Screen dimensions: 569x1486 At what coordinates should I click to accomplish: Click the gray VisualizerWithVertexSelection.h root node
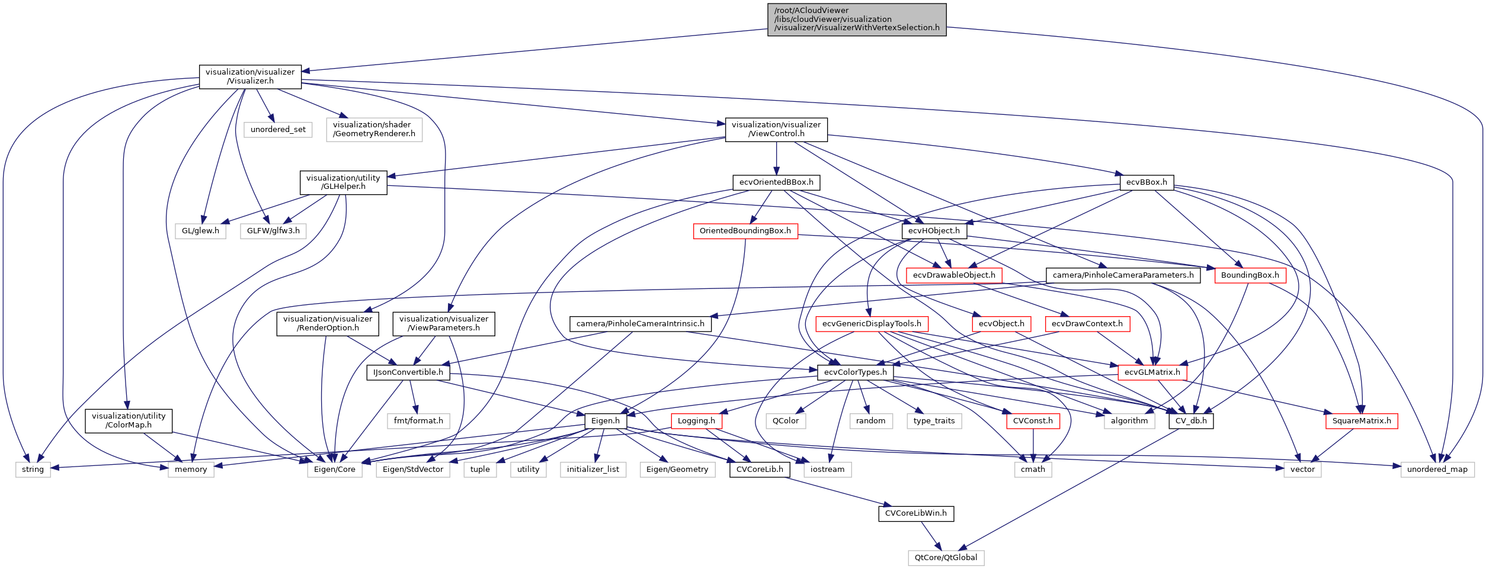point(856,20)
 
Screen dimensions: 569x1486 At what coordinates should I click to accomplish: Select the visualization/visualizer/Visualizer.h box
point(250,77)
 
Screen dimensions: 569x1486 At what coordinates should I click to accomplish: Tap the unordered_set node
point(278,130)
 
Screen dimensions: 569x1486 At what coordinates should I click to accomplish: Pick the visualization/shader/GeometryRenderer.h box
point(374,130)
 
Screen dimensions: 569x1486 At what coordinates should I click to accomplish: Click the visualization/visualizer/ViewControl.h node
point(776,130)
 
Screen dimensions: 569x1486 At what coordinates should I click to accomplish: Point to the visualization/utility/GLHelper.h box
point(343,182)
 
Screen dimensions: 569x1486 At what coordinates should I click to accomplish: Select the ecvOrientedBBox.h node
point(776,182)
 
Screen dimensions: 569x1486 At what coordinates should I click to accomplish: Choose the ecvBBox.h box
point(1146,182)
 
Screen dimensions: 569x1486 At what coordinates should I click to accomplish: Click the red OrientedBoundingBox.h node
point(745,231)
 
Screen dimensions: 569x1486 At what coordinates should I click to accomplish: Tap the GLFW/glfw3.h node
point(273,231)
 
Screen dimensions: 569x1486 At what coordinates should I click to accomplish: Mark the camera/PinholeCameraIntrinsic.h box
point(640,324)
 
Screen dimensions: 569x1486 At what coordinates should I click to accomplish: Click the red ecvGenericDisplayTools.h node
point(871,324)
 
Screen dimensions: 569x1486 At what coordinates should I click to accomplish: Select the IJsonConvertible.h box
point(408,372)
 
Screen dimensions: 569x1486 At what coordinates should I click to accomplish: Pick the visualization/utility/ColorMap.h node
point(129,421)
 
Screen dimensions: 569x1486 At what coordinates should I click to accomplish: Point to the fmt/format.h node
point(418,421)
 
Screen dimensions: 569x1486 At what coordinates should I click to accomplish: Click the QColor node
point(785,421)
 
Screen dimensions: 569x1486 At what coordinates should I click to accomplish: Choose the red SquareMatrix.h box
point(1361,421)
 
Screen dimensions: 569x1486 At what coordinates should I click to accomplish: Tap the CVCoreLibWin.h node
point(915,513)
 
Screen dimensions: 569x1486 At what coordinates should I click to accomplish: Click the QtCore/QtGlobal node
point(946,558)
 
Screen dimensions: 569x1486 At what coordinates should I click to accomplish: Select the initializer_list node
point(593,470)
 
